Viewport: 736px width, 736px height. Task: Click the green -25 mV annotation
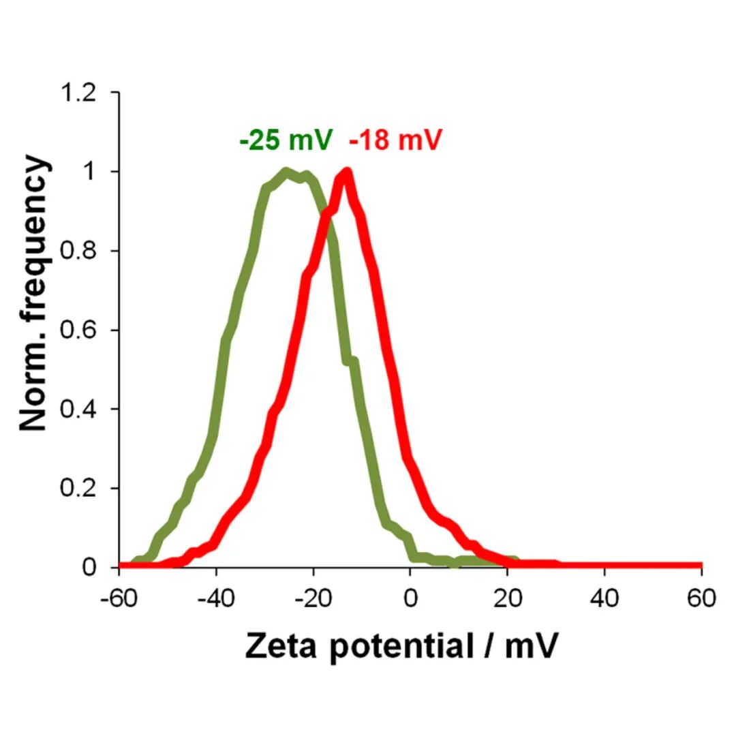coord(286,140)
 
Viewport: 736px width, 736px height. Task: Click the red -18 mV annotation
coord(395,140)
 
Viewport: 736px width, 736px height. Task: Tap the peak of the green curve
coord(287,172)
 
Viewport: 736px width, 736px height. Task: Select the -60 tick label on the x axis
coord(119,599)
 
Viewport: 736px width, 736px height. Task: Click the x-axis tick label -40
coord(216,599)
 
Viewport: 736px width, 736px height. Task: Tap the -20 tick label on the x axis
coord(313,599)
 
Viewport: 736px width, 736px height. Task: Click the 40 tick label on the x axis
coord(604,599)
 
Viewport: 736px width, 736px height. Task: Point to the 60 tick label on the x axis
coord(701,599)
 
